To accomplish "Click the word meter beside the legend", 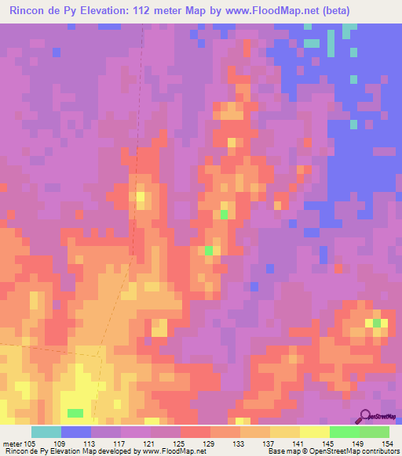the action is tap(13, 443).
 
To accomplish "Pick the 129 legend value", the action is tap(210, 443).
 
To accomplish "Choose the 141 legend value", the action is tap(299, 443).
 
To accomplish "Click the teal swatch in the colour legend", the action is tap(46, 432).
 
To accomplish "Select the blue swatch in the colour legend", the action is tap(76, 432).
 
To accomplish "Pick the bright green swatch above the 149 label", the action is tap(344, 432).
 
